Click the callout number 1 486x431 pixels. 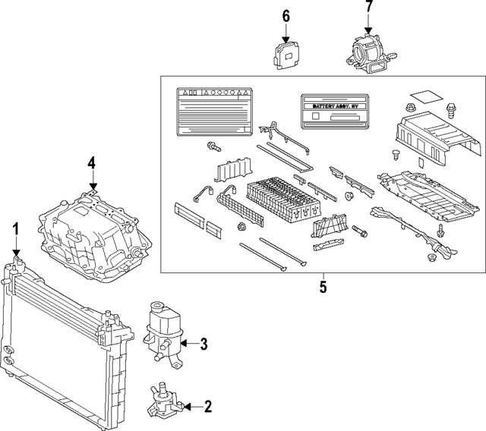14,228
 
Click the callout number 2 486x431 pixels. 207,407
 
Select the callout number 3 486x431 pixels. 203,344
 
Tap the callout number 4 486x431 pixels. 91,162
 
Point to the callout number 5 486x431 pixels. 322,287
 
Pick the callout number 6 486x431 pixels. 286,16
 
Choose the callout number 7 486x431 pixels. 369,9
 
